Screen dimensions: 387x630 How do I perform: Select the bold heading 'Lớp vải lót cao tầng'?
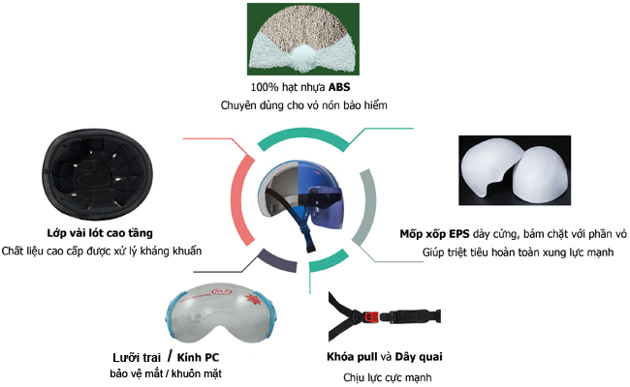(99, 233)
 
